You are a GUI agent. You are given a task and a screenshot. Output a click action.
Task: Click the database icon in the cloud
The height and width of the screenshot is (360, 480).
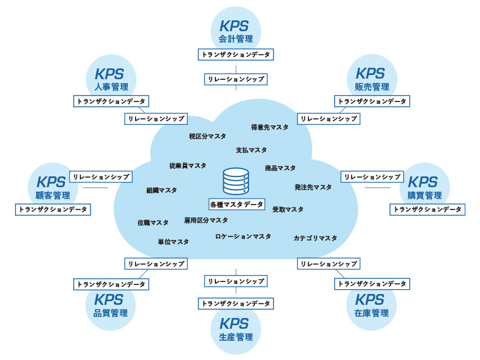(x=236, y=181)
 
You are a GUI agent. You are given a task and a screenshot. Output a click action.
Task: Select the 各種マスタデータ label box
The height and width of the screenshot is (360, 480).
(x=237, y=204)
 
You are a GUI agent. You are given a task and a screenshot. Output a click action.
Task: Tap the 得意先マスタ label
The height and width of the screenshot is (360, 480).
(x=269, y=127)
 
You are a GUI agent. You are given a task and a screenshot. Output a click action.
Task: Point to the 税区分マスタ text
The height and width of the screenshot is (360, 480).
(x=208, y=136)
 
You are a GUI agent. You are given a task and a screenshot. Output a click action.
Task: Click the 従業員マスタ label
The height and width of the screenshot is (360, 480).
(x=188, y=166)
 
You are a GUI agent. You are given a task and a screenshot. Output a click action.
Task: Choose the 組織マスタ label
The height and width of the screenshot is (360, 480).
(x=162, y=190)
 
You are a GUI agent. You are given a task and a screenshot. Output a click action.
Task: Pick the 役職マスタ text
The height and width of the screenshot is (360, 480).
(x=153, y=223)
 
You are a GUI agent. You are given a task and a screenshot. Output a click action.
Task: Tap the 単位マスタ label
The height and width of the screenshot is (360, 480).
(x=173, y=242)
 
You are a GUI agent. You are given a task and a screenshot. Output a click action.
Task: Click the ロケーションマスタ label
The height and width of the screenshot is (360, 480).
(x=243, y=236)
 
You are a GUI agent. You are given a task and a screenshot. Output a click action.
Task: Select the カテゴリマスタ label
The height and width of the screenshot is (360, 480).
(x=315, y=238)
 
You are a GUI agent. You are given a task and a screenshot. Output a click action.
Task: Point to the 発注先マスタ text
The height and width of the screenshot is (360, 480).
(x=313, y=187)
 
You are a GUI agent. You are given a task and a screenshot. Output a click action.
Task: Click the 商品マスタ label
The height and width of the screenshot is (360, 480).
(x=280, y=168)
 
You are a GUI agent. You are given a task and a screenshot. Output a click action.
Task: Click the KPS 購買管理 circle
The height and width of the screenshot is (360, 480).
(x=424, y=187)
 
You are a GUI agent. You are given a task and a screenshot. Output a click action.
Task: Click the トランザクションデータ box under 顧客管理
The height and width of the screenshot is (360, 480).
(x=53, y=209)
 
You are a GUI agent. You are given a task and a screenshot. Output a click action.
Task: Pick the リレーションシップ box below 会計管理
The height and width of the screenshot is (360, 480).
(x=236, y=79)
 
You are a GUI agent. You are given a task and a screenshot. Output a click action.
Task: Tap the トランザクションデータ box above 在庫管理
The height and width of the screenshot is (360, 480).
(x=372, y=284)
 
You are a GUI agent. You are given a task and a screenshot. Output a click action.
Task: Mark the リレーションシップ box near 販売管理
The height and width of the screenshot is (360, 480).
(x=328, y=119)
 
